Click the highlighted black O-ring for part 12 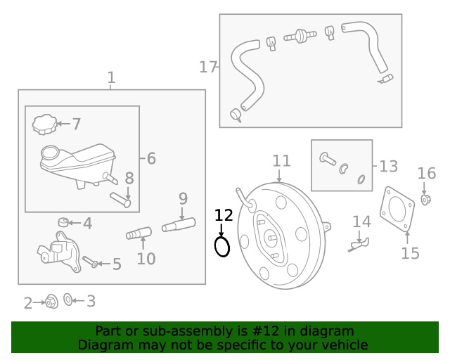tap(222, 246)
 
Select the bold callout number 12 tap(223, 215)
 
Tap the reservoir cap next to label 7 tap(44, 124)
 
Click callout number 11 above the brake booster tap(281, 161)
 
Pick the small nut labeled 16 tap(426, 200)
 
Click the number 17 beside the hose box tap(208, 67)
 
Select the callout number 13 tap(388, 167)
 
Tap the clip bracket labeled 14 tap(359, 243)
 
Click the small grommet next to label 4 tap(63, 224)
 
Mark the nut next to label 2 tap(51, 302)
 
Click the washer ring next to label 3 tap(67, 300)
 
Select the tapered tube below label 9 tap(179, 225)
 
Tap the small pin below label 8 tap(120, 201)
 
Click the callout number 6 tap(151, 159)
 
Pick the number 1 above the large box tap(111, 77)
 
